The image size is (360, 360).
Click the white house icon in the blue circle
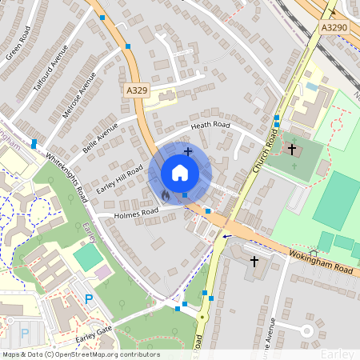pyautogui.click(x=180, y=173)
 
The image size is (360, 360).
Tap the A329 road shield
pyautogui.click(x=137, y=93)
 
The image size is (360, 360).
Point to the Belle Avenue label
pyautogui.click(x=100, y=138)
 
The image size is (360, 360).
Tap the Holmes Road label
pyautogui.click(x=138, y=213)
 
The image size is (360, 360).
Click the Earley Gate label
pyautogui.click(x=94, y=334)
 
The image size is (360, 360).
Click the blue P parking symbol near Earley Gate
pyautogui.click(x=89, y=299)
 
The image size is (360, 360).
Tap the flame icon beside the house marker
pyautogui.click(x=166, y=194)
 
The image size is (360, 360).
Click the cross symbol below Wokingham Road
pyautogui.click(x=255, y=262)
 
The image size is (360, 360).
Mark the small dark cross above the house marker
pyautogui.click(x=188, y=150)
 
